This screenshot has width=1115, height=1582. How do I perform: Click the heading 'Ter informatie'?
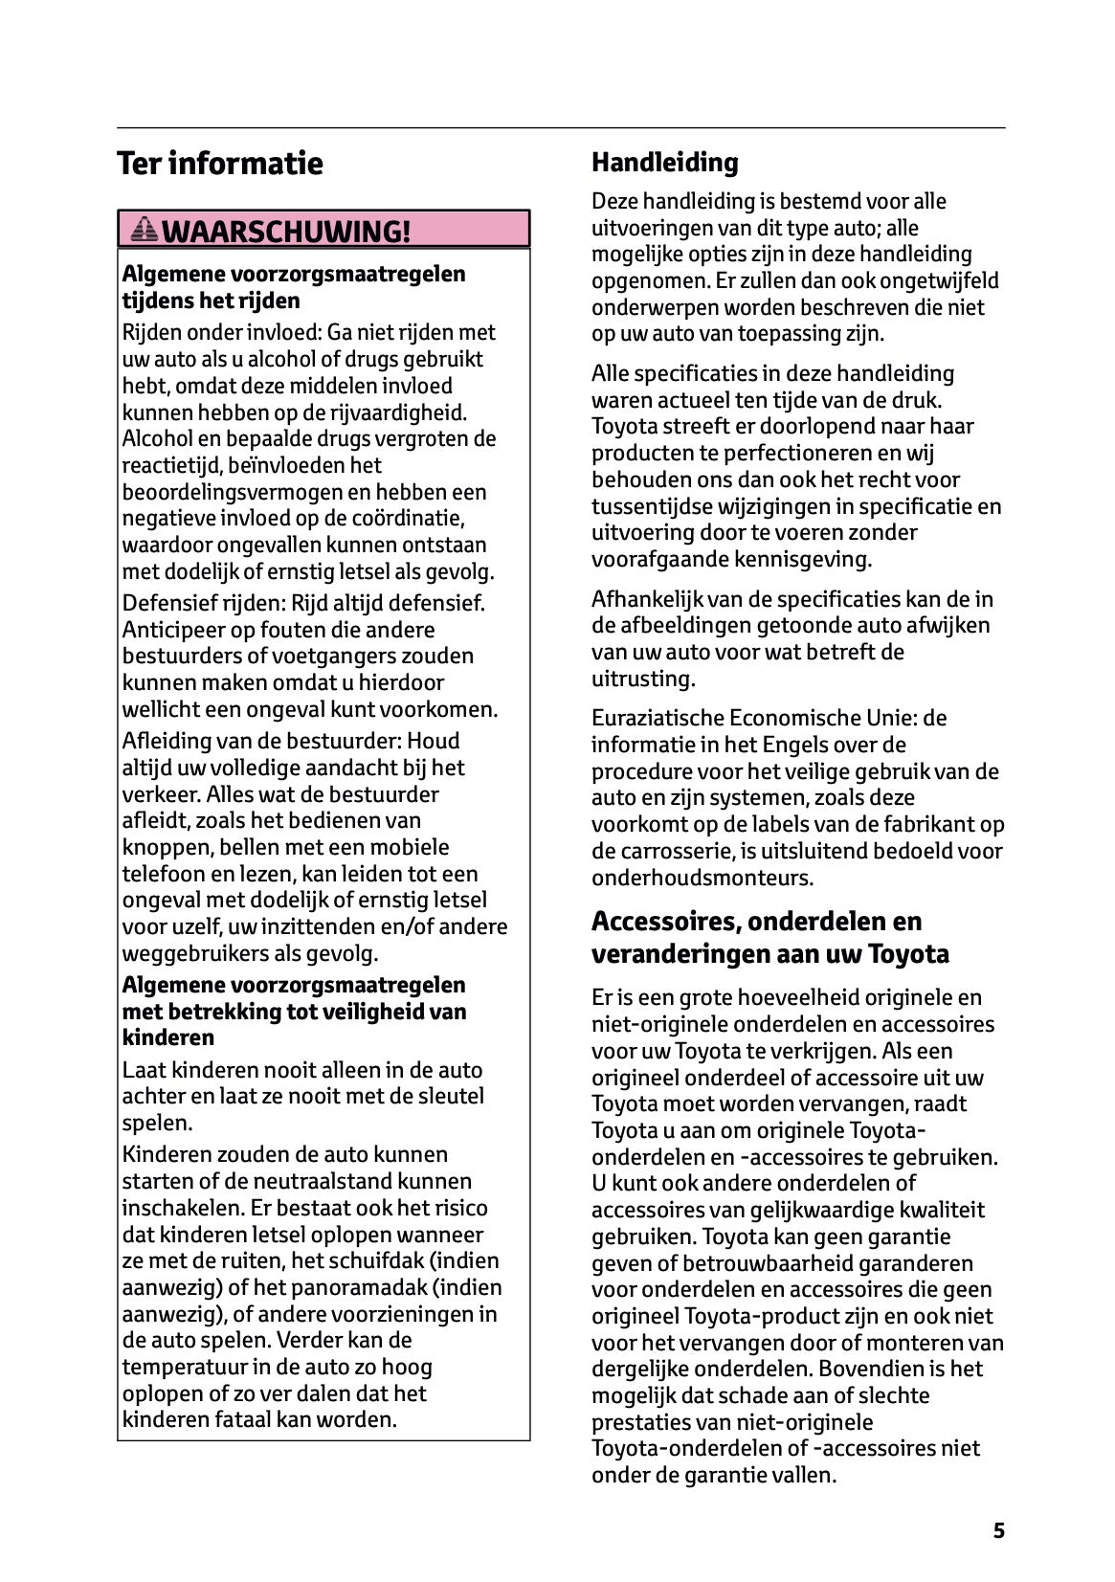click(219, 164)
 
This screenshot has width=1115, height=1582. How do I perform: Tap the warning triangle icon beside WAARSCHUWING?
click(145, 230)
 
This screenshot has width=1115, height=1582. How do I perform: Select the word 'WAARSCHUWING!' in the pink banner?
click(285, 232)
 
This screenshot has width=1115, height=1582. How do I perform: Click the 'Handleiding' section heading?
click(664, 163)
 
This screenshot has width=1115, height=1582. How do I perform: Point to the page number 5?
click(998, 1530)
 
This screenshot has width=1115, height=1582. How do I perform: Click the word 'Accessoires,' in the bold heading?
click(664, 922)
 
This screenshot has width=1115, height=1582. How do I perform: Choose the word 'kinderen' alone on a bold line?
click(168, 1038)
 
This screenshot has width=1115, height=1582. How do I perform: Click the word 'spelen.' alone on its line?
click(157, 1124)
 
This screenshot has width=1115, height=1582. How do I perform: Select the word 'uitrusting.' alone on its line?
click(642, 680)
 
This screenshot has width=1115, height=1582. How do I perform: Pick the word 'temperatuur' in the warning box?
click(181, 1368)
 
